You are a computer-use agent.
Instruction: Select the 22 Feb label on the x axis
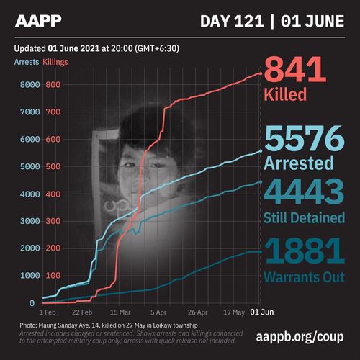[x=81, y=314]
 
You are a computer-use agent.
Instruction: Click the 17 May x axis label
[x=234, y=314]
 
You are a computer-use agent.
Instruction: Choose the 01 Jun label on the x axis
[x=260, y=314]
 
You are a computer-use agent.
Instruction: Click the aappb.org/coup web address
[x=300, y=337]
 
